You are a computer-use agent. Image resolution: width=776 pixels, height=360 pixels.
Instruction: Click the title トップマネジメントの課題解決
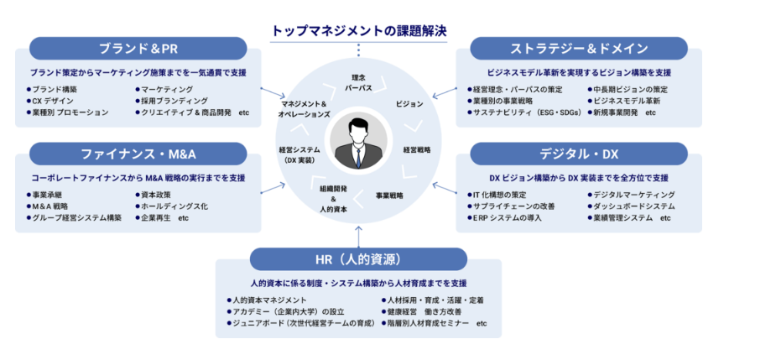click(x=359, y=31)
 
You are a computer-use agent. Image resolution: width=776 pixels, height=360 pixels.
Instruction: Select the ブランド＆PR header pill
click(x=138, y=49)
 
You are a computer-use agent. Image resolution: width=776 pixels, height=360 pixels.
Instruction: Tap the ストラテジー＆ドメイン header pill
click(x=579, y=49)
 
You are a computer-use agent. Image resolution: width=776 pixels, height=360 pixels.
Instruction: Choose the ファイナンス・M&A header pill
click(x=138, y=154)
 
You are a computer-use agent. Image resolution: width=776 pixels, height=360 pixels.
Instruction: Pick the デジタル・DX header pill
click(x=579, y=154)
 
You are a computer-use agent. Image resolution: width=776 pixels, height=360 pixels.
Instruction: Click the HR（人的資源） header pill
click(x=358, y=259)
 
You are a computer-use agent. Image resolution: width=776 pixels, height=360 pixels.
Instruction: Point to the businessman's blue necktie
click(x=358, y=154)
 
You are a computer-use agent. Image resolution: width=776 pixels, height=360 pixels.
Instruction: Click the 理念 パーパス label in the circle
click(x=358, y=83)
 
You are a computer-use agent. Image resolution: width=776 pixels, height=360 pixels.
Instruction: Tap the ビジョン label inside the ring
click(x=409, y=104)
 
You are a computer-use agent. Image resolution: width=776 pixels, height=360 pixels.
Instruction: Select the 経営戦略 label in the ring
click(x=417, y=149)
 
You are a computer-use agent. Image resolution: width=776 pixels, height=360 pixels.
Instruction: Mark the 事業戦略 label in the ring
click(x=389, y=195)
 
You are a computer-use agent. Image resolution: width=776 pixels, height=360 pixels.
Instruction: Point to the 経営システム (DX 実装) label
click(x=299, y=154)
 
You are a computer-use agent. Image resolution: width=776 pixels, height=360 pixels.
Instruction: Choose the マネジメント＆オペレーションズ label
click(x=305, y=109)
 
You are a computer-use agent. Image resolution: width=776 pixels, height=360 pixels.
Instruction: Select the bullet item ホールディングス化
click(x=171, y=206)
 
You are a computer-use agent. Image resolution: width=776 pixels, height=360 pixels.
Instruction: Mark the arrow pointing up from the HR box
click(x=358, y=236)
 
